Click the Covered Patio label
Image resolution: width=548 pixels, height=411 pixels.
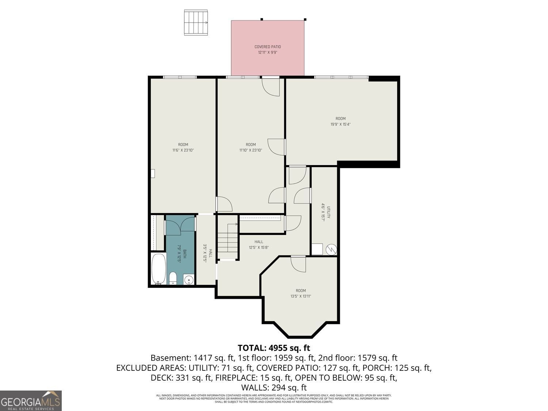(267, 47)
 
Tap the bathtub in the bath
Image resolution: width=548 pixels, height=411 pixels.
(158, 269)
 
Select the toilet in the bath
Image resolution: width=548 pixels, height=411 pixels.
(173, 278)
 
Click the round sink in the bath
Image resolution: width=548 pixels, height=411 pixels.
(189, 280)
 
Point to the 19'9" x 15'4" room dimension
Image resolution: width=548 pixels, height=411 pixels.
(340, 124)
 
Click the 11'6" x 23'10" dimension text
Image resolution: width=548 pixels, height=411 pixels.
(183, 150)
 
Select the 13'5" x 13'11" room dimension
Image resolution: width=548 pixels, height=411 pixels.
(301, 296)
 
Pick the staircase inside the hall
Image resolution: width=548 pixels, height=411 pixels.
(228, 242)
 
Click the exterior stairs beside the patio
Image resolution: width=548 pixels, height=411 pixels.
(196, 23)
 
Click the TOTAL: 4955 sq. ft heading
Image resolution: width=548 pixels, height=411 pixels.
(274, 347)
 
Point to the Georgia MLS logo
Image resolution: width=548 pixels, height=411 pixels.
(31, 400)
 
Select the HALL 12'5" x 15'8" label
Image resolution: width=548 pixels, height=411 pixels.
(259, 244)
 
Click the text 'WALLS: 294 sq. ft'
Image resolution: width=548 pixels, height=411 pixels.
(274, 387)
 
